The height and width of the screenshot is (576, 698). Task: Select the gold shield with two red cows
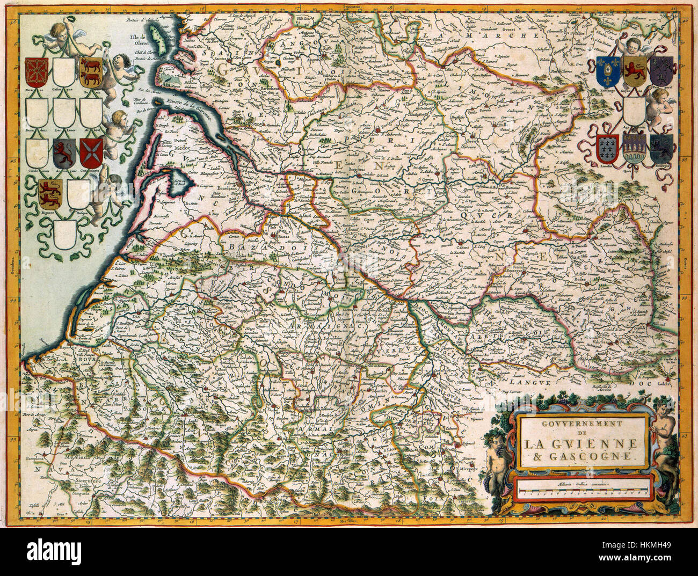point(91,72)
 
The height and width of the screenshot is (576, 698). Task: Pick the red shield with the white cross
point(91,152)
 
